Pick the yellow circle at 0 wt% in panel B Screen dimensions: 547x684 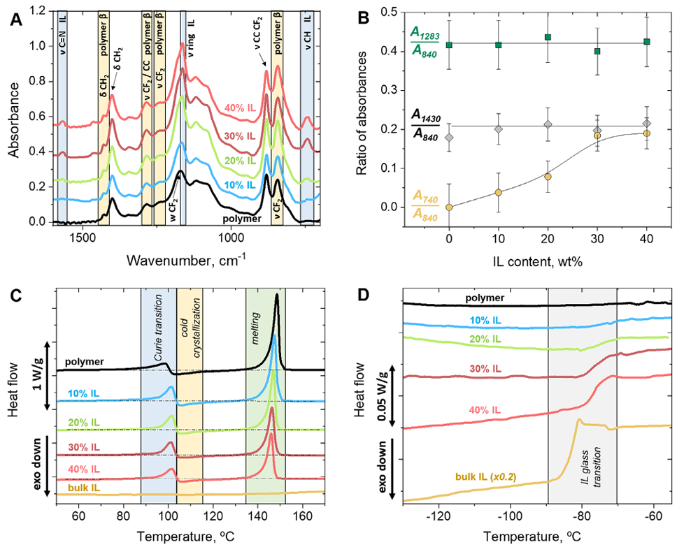click(449, 207)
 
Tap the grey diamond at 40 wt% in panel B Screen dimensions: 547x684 click(647, 124)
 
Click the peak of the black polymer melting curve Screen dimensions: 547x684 click(278, 296)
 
